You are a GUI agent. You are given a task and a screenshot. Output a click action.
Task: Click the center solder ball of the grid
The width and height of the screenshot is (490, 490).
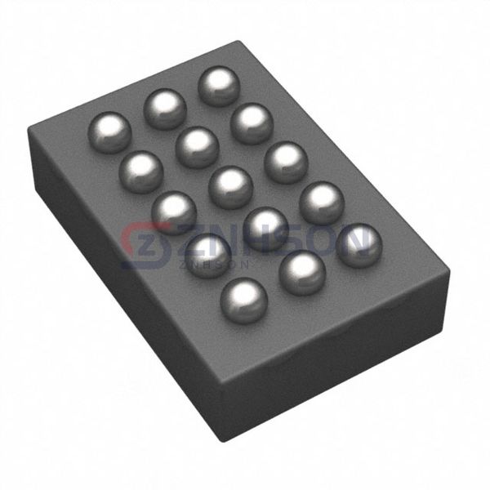pos(230,186)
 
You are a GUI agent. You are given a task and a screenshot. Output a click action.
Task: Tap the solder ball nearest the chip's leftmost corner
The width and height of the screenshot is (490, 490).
pos(109,128)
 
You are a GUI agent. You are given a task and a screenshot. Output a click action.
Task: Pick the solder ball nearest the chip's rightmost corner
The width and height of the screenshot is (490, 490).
pos(359,245)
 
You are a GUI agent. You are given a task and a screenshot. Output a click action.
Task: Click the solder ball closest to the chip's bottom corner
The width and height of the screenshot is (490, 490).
pos(244,298)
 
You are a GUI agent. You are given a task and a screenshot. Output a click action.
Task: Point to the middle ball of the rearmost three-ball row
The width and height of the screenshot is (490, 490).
pos(165,107)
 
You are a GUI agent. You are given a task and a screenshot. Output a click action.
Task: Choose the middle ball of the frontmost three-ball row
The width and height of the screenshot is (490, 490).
pos(302,272)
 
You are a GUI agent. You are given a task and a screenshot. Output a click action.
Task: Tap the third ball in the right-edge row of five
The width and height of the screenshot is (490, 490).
pos(286,162)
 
